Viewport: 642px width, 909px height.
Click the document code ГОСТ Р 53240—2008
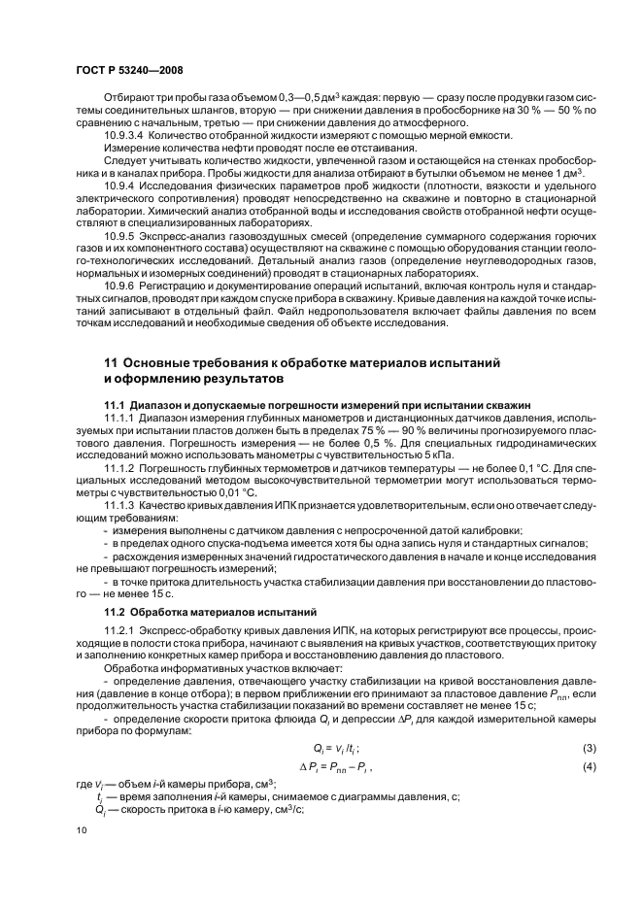click(130, 72)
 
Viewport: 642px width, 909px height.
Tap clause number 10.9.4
click(120, 184)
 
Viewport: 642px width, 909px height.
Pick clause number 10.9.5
click(120, 235)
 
